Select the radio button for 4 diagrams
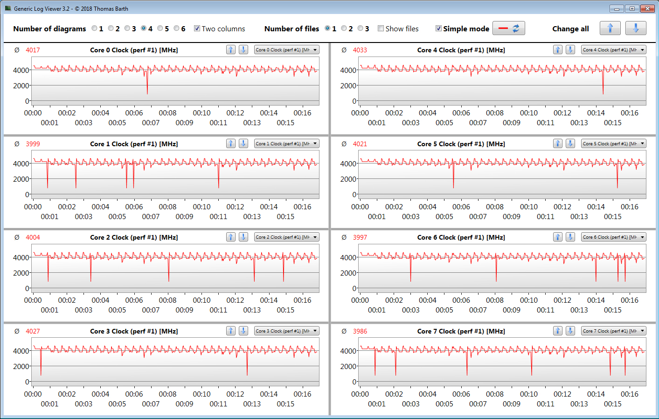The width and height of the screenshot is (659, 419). click(x=144, y=28)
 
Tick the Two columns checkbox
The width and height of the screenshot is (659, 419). click(x=197, y=28)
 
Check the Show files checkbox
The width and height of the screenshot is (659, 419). click(x=381, y=28)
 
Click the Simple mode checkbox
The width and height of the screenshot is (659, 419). click(x=438, y=28)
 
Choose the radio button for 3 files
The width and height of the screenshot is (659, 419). click(x=360, y=28)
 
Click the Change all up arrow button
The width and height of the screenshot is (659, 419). click(x=610, y=28)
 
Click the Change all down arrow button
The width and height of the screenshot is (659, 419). click(x=636, y=28)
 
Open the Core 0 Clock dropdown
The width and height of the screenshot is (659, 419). click(x=286, y=50)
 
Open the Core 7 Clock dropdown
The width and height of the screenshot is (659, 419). click(x=613, y=331)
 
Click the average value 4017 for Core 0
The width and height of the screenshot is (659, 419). click(x=33, y=50)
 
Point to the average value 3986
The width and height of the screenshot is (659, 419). click(x=360, y=331)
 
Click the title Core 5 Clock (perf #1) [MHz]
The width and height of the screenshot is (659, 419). click(x=461, y=144)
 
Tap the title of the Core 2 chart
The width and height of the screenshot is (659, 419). click(x=134, y=237)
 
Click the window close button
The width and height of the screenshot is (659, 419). click(x=647, y=8)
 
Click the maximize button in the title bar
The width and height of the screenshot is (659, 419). click(x=632, y=8)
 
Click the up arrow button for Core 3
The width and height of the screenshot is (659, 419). click(x=231, y=331)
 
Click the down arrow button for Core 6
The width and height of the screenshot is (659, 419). click(x=570, y=237)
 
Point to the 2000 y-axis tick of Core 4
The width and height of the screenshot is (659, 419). click(x=348, y=85)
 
